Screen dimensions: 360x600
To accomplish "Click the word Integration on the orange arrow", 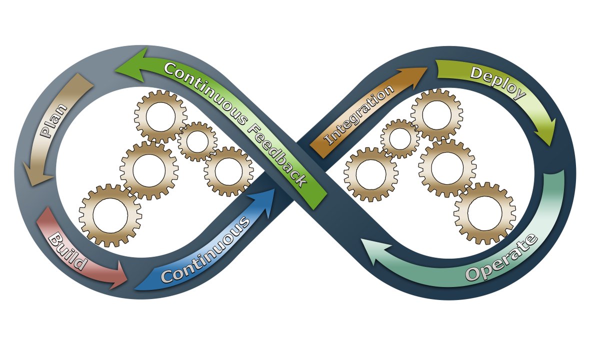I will point(359,115).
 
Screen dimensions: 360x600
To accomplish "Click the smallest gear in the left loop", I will point(197,141).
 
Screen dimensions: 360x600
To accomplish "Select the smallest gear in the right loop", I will point(400,139).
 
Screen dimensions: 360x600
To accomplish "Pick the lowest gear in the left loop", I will point(110,215).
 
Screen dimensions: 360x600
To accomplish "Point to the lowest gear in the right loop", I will point(484,213).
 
